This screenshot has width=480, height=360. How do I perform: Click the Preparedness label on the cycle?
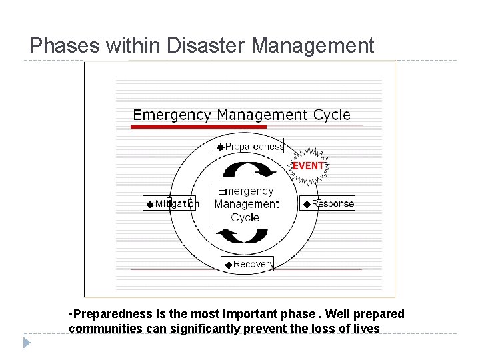(x=254, y=147)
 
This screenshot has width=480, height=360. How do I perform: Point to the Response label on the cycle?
(x=333, y=203)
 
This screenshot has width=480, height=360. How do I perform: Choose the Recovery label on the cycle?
(x=253, y=264)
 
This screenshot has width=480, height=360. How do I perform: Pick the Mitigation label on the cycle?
(x=177, y=203)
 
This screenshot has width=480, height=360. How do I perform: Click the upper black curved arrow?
(x=249, y=169)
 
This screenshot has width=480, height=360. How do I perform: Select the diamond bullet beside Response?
(x=306, y=204)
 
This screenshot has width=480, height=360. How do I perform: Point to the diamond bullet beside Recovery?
(x=228, y=265)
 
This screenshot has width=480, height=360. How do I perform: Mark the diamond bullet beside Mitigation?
(x=150, y=204)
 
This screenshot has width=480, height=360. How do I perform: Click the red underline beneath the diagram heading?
(x=199, y=126)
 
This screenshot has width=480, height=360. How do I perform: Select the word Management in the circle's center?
(x=246, y=204)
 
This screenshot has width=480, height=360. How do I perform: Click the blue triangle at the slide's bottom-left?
(x=27, y=343)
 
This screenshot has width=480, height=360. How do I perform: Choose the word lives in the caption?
(x=366, y=329)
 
